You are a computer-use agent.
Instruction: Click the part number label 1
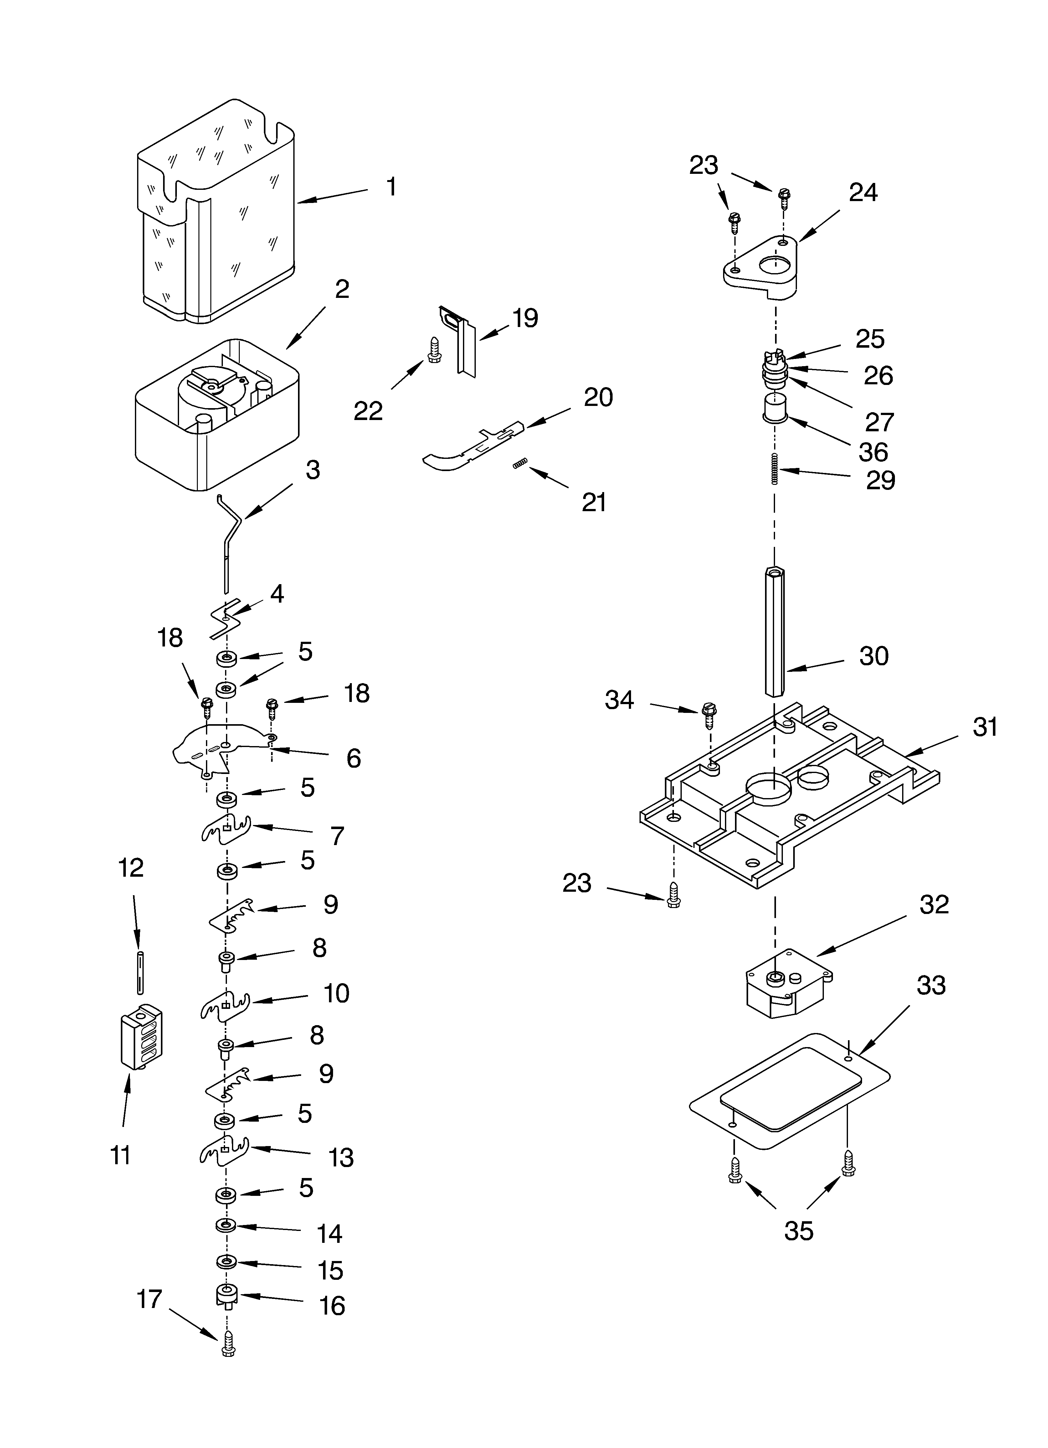[391, 187]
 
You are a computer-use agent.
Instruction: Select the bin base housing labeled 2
[217, 415]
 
